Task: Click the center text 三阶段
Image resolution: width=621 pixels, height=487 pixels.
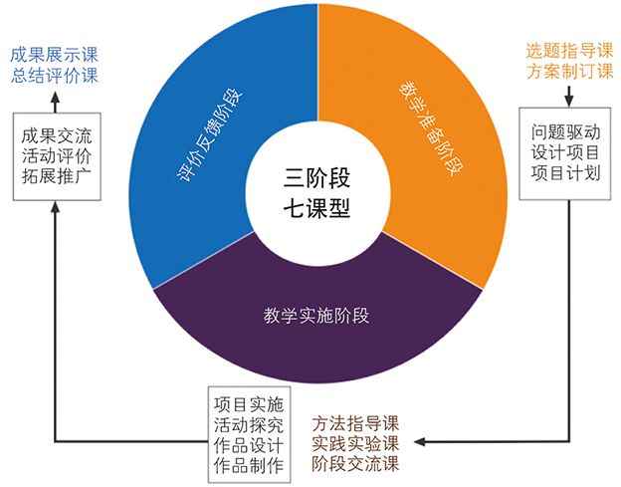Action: click(x=316, y=178)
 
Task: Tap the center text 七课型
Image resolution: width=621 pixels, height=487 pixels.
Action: click(x=316, y=207)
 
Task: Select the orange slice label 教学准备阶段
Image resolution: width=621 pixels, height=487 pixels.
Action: click(x=431, y=128)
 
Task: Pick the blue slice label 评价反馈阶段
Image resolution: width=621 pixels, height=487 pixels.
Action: click(x=210, y=135)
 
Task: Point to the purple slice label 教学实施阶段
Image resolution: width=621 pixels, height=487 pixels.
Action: click(x=316, y=316)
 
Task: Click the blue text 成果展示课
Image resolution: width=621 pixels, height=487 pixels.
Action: click(x=54, y=55)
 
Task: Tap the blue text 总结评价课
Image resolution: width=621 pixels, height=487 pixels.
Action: click(x=54, y=76)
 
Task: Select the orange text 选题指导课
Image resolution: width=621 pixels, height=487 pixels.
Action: click(x=569, y=51)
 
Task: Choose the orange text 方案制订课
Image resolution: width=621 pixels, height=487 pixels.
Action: click(x=569, y=72)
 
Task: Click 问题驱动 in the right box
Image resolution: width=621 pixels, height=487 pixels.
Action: click(x=565, y=131)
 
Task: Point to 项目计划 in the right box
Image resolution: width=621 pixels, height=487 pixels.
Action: click(x=565, y=173)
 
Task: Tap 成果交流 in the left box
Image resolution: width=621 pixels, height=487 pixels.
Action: click(x=57, y=135)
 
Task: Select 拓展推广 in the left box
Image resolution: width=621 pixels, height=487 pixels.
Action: click(x=57, y=176)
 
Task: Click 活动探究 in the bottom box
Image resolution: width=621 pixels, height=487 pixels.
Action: click(x=249, y=425)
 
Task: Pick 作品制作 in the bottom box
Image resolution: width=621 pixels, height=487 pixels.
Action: click(x=249, y=466)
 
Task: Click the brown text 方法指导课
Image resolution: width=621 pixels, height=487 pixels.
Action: click(x=355, y=423)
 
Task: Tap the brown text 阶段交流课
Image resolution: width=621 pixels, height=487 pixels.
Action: click(x=355, y=464)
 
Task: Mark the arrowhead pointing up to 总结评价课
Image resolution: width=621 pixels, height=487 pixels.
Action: click(x=55, y=98)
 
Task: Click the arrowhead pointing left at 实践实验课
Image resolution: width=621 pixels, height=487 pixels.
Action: click(x=420, y=441)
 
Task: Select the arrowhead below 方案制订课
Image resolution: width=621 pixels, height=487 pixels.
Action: click(x=569, y=102)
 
